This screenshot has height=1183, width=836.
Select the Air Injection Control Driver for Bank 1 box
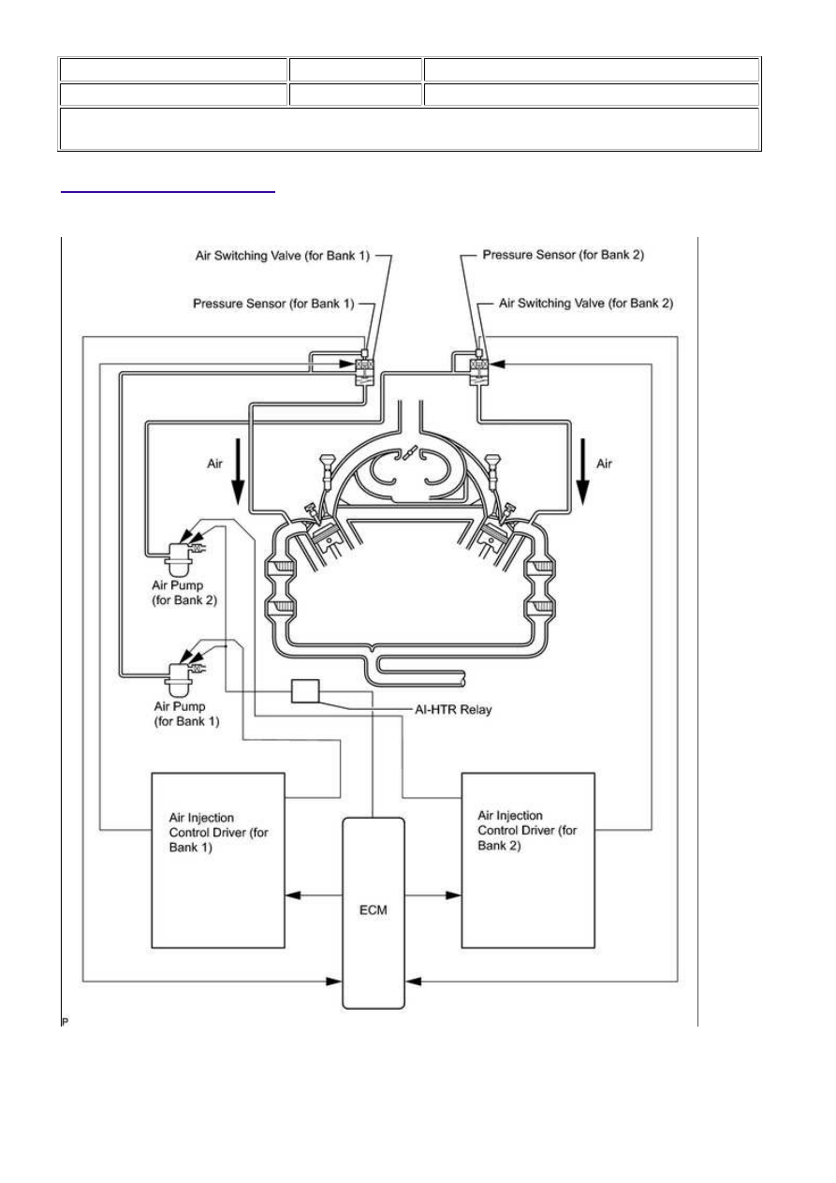coord(218,860)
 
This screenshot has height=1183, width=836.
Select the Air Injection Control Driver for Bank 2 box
coord(528,860)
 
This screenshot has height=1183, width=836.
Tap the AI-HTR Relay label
coord(453,709)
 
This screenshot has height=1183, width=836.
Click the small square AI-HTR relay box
coord(305,691)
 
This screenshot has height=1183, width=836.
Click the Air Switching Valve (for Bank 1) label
coord(283,256)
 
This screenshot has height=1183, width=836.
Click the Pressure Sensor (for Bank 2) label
coord(564,255)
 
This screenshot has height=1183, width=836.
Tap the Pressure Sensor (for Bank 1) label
coord(273,303)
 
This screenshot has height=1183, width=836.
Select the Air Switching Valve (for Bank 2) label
coord(586,303)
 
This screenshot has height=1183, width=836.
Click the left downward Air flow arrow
coord(238,471)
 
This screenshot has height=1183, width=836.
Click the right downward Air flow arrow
coord(583,471)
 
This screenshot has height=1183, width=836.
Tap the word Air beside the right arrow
coord(605,464)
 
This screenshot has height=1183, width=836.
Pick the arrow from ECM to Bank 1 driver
coord(314,895)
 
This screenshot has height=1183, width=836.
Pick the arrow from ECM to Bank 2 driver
coord(433,895)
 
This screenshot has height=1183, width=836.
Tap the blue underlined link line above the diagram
coord(168,192)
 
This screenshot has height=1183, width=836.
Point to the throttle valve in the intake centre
coord(410,454)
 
